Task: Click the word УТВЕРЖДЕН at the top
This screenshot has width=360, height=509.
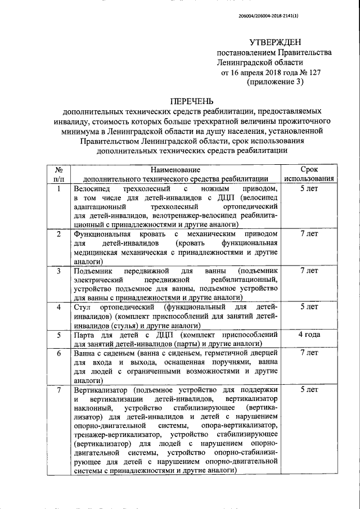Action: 276,43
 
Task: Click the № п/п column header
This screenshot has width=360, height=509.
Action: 58,174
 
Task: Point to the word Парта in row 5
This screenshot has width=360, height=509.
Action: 85,336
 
